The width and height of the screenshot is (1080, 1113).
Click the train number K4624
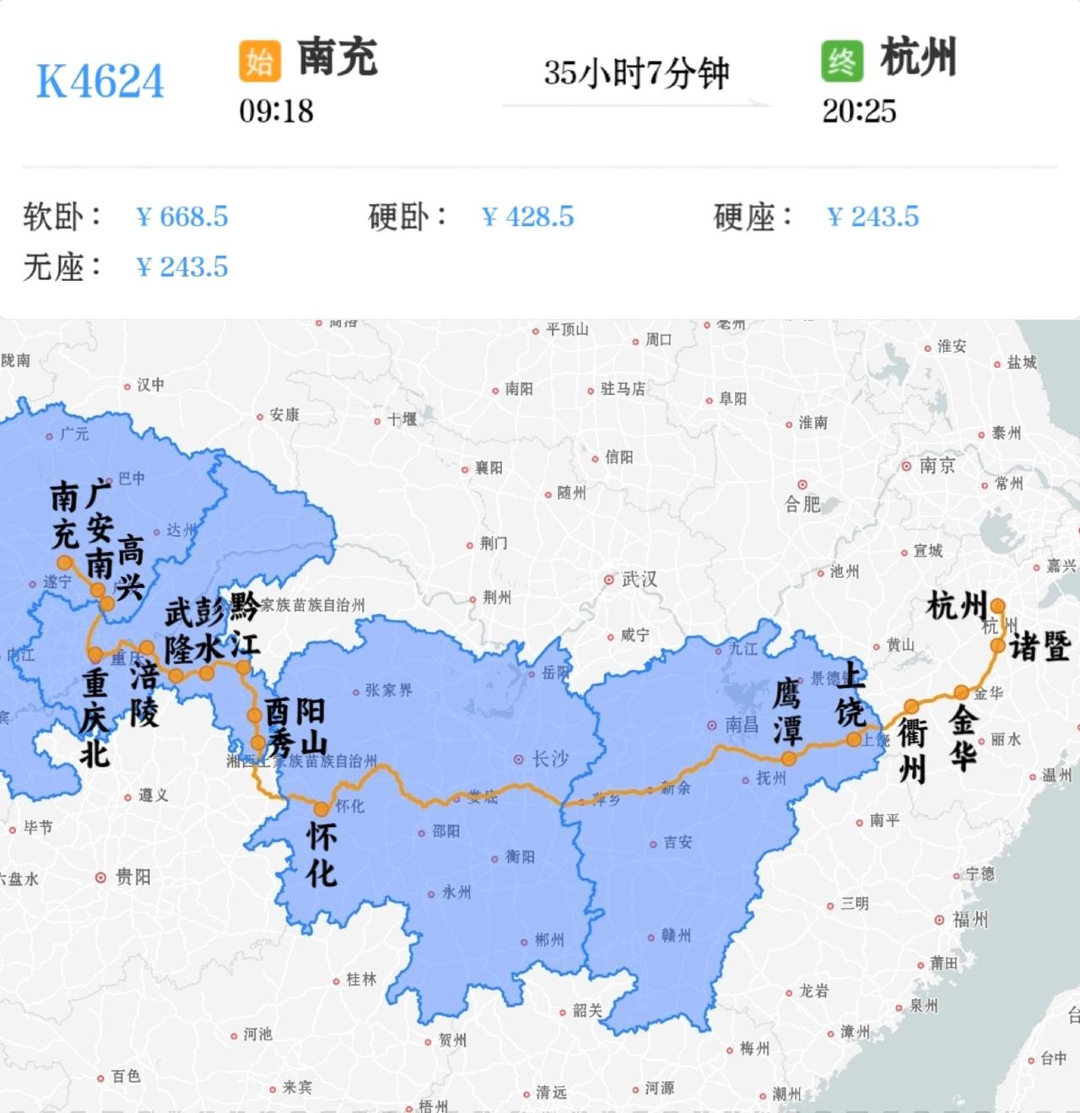tap(100, 82)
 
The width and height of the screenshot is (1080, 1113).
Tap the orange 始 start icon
tap(259, 61)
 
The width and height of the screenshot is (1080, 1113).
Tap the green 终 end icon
tap(841, 61)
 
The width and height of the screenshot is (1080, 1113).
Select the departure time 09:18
tap(276, 111)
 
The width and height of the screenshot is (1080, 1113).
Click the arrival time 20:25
tap(859, 111)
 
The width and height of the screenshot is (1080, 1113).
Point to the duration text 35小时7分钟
tap(635, 73)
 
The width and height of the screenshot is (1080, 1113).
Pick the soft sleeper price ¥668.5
tap(182, 217)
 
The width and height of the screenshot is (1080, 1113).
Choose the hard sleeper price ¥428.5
tap(528, 217)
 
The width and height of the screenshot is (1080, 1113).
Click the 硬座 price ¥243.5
tap(873, 217)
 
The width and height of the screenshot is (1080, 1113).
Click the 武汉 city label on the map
tap(639, 580)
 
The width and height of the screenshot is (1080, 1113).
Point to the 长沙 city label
tap(549, 759)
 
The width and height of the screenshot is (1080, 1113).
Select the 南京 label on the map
tap(937, 466)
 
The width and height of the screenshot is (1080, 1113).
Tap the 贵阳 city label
tap(132, 878)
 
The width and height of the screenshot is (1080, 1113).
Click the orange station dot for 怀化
tap(321, 808)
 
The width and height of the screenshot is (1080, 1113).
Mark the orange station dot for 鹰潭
tap(788, 758)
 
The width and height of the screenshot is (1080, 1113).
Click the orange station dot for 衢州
tap(911, 706)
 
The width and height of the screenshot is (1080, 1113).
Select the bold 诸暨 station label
tap(1039, 646)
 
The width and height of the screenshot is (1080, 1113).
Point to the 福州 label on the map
tap(969, 919)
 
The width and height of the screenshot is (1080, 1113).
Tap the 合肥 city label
tap(802, 504)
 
